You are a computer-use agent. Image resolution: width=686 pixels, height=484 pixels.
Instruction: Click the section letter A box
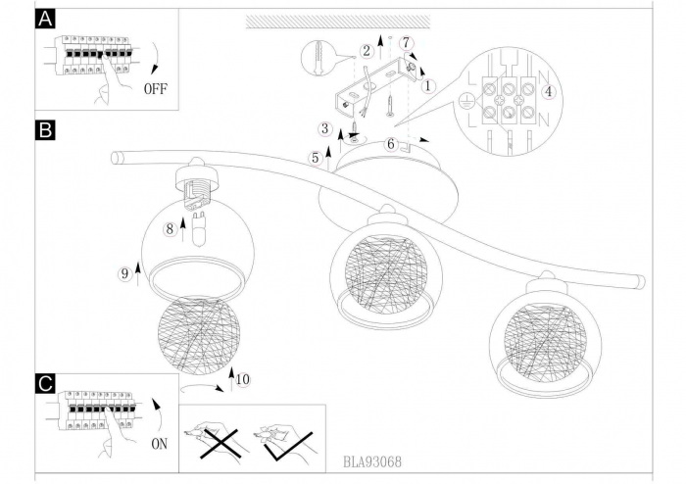coord(43,21)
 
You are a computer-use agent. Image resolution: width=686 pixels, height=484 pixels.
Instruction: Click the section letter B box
coord(43,128)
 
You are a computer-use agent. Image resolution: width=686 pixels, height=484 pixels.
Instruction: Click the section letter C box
coord(43,385)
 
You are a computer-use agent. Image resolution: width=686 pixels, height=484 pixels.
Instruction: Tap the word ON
coord(160,415)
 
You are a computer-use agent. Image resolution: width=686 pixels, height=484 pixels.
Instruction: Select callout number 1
coord(428,85)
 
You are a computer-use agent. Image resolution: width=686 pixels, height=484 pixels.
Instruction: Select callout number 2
coord(365,50)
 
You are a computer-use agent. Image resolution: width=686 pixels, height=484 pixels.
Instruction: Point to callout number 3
coord(323,129)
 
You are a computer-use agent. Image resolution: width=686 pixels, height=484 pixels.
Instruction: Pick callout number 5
coord(315,157)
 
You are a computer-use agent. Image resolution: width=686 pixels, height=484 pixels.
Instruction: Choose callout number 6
coord(390,144)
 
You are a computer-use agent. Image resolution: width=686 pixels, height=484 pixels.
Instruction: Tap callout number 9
coord(124,275)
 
